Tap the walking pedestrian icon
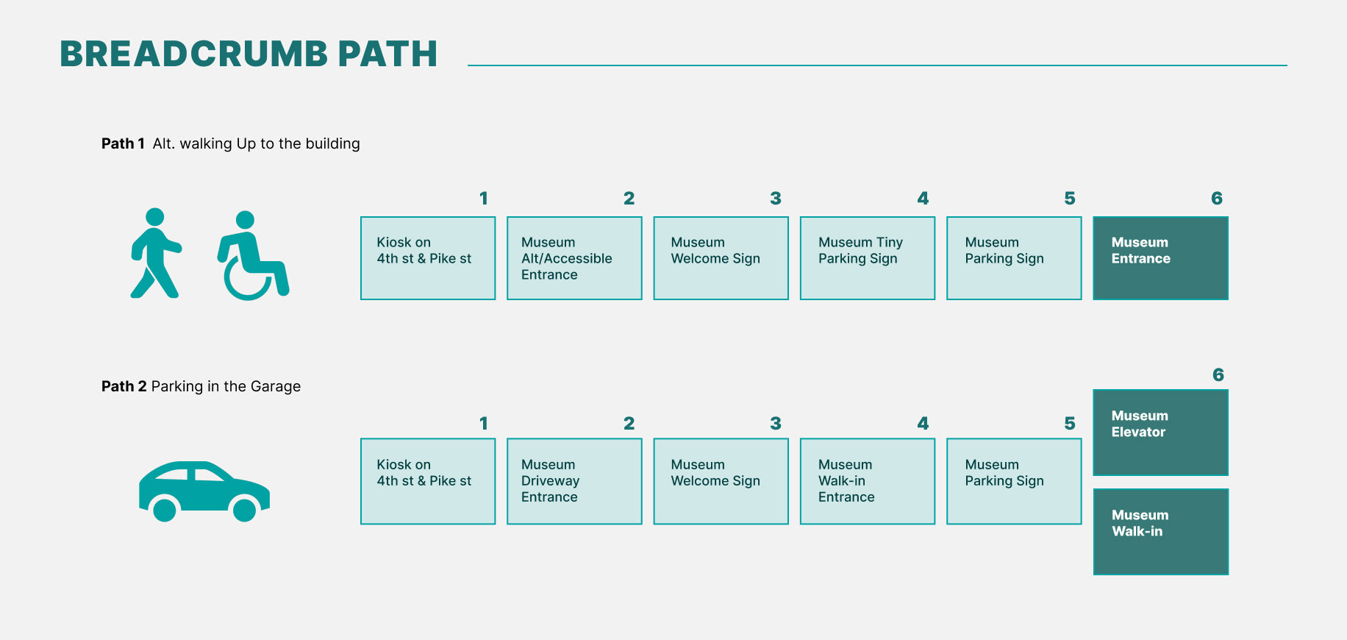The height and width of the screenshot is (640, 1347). point(155,253)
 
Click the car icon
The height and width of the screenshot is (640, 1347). point(204,491)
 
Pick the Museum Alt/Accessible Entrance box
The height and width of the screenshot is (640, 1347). point(574,258)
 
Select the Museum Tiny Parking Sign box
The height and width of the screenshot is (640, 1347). point(868,258)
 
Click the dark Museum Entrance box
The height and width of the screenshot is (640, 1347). point(1160,258)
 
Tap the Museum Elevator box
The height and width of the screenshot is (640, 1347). point(1160,433)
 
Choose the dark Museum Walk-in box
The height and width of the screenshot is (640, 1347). point(1160,532)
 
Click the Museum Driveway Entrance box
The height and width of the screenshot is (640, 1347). point(574,481)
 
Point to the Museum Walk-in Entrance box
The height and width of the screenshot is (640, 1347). point(868,481)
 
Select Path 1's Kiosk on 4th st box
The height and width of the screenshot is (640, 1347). point(428,258)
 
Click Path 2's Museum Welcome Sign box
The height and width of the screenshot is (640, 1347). point(721,481)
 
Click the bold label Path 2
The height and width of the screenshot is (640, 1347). point(124,386)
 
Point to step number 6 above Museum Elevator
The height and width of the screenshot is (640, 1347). point(1218,375)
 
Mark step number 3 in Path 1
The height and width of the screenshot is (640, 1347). point(775,199)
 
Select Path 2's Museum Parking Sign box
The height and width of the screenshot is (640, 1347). point(1014,481)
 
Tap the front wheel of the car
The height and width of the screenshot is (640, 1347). point(244,509)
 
